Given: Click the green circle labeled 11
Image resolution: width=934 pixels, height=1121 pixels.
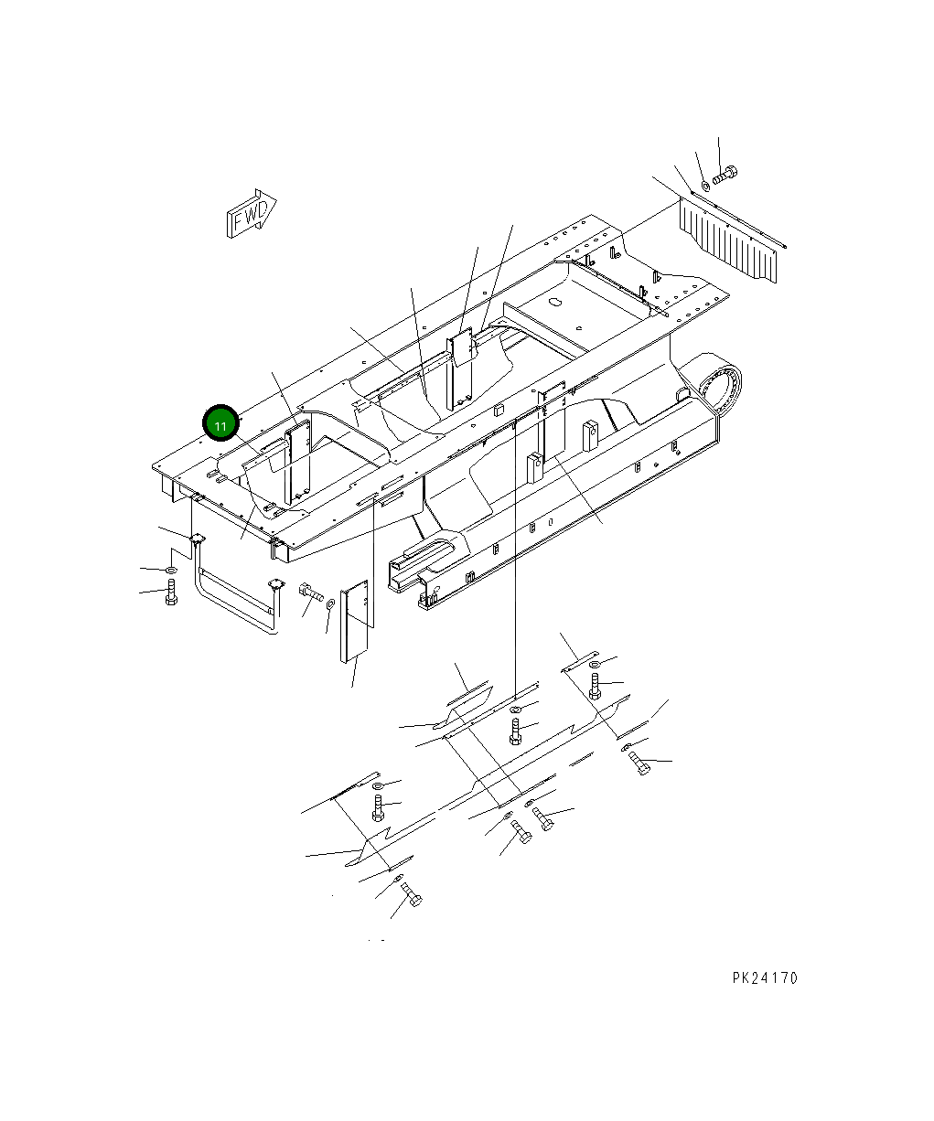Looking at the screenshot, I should [x=220, y=424].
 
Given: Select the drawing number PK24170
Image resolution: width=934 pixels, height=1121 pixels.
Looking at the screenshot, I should [x=765, y=978].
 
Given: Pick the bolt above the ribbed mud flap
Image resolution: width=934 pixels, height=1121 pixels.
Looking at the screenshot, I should [x=727, y=174].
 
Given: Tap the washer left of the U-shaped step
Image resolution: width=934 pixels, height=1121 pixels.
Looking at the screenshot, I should [x=171, y=571].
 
